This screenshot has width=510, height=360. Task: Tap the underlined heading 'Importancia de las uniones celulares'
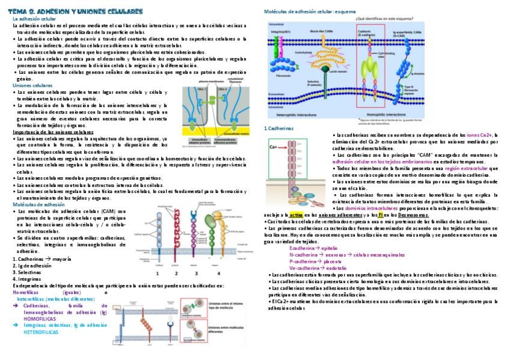(x=53, y=132)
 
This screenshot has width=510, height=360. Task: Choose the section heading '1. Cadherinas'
(x=278, y=128)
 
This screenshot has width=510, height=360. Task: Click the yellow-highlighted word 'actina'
(x=295, y=215)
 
